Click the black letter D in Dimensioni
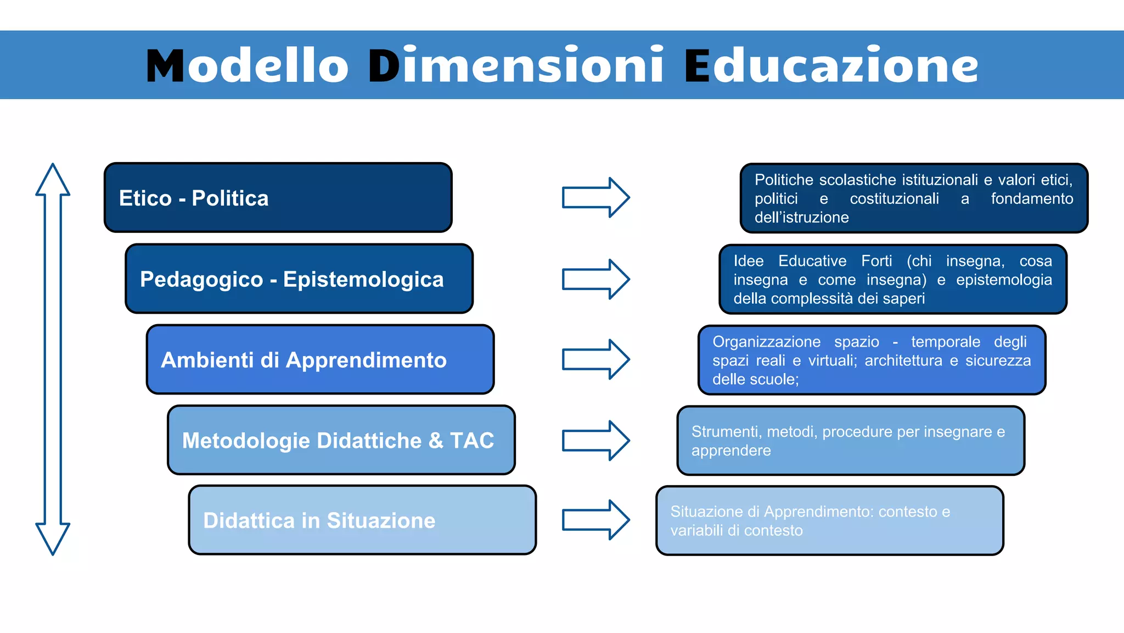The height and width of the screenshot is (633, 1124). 384,66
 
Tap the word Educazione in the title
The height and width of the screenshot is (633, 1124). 831,66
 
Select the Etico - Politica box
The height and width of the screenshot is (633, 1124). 278,198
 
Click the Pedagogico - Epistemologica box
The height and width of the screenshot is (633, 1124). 299,279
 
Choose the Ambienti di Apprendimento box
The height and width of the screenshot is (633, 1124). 320,360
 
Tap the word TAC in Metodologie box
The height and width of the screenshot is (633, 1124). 472,441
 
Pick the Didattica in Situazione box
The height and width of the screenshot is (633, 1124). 362,520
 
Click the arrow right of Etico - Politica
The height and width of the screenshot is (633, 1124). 595,197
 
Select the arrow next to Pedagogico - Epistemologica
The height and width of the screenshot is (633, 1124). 595,279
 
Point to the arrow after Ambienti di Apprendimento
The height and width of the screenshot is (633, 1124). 595,359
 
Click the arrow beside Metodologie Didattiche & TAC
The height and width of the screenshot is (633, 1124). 595,440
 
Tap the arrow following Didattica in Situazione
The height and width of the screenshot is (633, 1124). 595,520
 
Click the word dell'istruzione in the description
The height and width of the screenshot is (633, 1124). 801,218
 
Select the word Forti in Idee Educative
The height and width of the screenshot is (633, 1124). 876,261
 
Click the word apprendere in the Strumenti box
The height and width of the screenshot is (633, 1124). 731,451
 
